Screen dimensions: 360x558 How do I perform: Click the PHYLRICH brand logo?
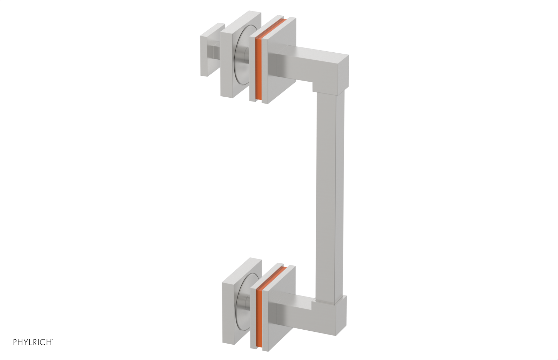33,342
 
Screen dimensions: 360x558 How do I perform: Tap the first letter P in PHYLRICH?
15,342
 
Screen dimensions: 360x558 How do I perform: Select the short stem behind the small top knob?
216,52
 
